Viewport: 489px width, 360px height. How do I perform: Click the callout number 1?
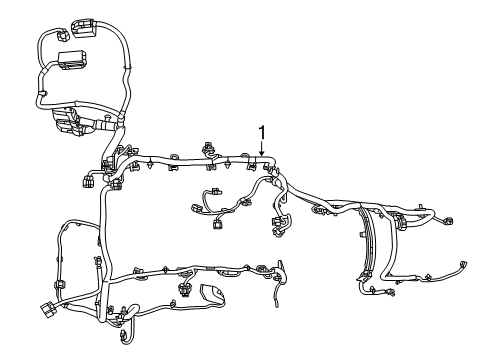click(262, 132)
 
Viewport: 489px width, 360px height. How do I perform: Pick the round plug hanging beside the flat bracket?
click(186, 290)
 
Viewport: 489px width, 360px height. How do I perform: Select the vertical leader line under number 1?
click(262, 148)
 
